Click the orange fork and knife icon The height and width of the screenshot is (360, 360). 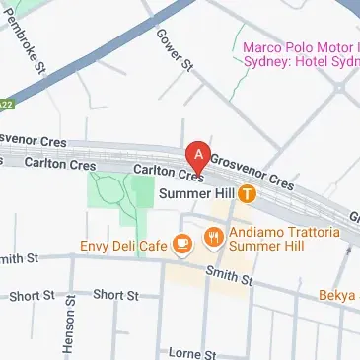(213, 237)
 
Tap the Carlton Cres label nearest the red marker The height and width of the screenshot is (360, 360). (160, 172)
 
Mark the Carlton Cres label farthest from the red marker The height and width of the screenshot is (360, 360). (53, 163)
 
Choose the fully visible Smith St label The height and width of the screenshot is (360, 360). (229, 278)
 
